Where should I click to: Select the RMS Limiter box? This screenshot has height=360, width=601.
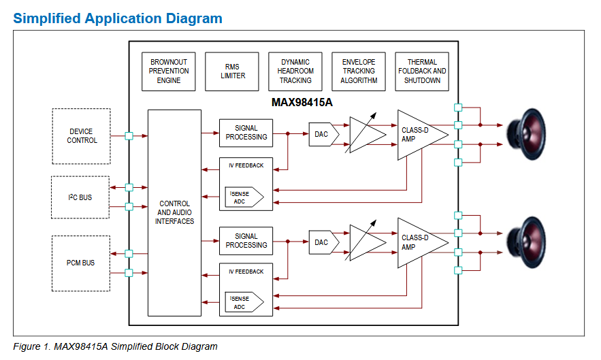(233, 71)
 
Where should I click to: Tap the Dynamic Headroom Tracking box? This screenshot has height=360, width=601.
(295, 71)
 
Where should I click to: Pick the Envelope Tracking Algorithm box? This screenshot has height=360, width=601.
(359, 71)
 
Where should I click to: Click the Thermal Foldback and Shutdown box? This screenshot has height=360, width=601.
(422, 71)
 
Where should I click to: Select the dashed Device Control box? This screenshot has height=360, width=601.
(82, 136)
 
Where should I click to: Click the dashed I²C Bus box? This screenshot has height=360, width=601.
(80, 197)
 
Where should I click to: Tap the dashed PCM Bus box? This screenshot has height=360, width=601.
(80, 263)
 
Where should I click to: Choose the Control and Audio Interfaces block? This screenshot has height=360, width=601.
(174, 212)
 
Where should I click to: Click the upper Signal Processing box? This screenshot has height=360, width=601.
(246, 133)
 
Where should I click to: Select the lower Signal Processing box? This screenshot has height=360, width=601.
(246, 241)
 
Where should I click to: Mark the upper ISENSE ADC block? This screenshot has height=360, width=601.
(242, 197)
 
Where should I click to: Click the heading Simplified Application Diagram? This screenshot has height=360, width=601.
(118, 18)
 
